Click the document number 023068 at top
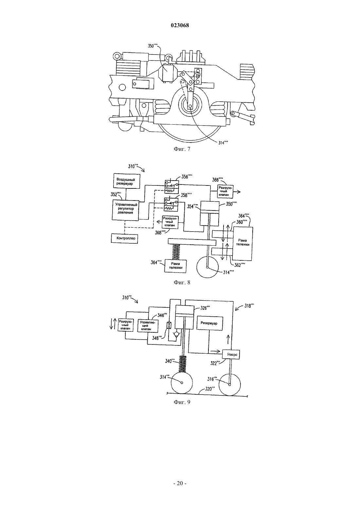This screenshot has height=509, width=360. click(x=180, y=26)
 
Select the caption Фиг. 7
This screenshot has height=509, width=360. click(x=182, y=149)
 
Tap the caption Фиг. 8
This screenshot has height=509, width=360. click(x=182, y=282)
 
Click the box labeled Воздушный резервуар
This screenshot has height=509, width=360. click(x=126, y=181)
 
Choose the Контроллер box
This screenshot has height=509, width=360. click(x=124, y=238)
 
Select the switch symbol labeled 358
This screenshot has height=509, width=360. click(x=171, y=204)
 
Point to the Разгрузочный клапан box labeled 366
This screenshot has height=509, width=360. click(x=225, y=191)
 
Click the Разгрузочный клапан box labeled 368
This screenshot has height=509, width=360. click(x=170, y=222)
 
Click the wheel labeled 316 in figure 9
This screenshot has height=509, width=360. click(x=229, y=385)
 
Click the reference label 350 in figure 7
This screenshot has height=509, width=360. click(x=153, y=46)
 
